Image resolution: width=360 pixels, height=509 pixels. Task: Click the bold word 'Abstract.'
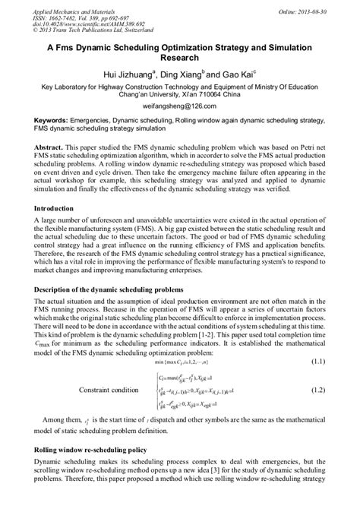click(x=50, y=144)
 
